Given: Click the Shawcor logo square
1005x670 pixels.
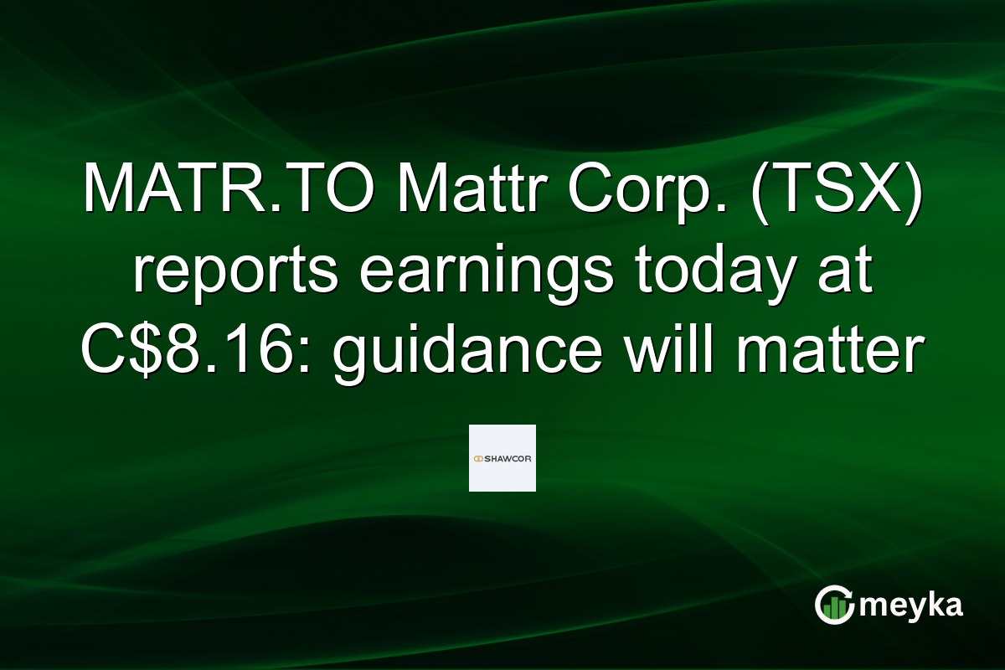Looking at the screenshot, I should point(502,458).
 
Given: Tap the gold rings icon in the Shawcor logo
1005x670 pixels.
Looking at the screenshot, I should point(479,459).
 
